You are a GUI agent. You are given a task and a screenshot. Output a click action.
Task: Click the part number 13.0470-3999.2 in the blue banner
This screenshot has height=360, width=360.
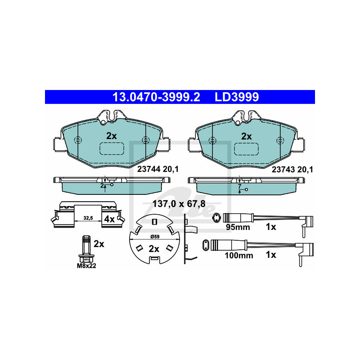tap(156, 97)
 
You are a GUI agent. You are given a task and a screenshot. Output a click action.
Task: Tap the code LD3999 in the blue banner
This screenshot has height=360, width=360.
tap(237, 97)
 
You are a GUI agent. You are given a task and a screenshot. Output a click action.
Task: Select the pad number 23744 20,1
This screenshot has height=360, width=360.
tap(158, 169)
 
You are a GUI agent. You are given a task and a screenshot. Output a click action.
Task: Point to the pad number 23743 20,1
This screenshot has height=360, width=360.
tap(292, 170)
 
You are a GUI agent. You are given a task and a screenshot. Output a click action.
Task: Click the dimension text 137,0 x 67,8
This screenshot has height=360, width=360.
tap(179, 204)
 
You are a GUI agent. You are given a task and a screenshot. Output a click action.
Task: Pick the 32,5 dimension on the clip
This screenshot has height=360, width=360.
tap(88, 218)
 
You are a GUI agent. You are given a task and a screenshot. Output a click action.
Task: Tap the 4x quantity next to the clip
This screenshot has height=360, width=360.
tap(109, 219)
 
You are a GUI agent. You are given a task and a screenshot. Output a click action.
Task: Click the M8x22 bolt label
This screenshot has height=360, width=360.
tap(86, 266)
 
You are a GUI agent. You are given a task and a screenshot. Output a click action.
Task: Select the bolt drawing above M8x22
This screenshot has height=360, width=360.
tap(86, 249)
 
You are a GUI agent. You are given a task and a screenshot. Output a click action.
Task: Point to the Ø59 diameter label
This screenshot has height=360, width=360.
tap(155, 237)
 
